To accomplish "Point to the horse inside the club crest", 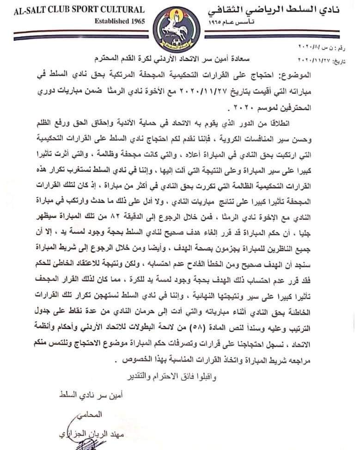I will pyautogui.click(x=178, y=29).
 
